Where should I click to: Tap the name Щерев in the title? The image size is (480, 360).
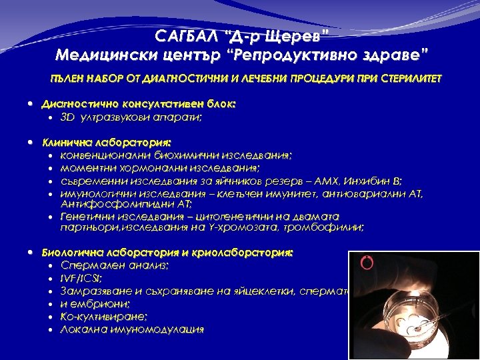coord(297,36)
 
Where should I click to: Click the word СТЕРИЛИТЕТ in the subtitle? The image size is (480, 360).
coord(409,79)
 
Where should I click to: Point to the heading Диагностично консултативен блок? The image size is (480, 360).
coord(139,105)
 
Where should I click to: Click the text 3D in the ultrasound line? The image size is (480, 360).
coord(67,117)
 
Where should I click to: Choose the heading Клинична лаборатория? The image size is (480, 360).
coord(107,143)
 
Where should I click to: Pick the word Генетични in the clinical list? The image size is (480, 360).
coord(85,217)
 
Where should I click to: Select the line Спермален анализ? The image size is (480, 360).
coord(114,265)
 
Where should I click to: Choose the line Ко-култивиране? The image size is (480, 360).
coord(104,317)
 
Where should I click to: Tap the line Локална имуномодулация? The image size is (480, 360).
coord(132,329)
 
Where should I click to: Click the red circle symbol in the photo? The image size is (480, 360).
coord(365,262)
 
